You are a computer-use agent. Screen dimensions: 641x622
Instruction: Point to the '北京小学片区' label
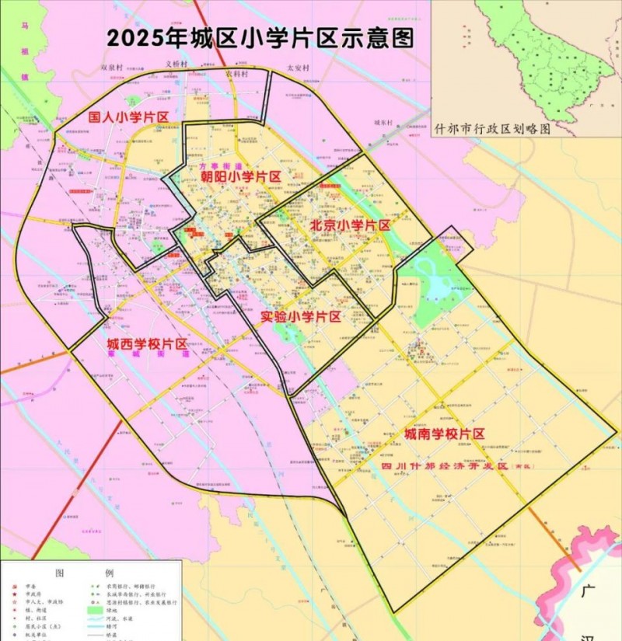tap(349, 225)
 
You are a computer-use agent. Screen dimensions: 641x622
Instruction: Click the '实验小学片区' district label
tap(300, 317)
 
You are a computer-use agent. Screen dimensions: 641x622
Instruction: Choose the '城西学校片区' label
tap(147, 343)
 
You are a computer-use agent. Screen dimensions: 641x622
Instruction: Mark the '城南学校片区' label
tap(444, 434)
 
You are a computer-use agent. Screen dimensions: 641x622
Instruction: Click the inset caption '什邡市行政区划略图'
tap(493, 129)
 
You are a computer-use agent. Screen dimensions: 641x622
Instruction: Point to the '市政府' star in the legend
tap(13, 594)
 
